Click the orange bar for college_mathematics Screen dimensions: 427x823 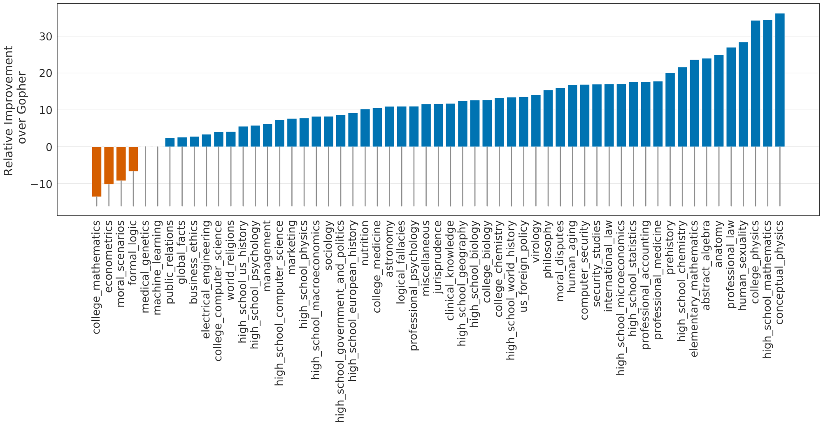[97, 172]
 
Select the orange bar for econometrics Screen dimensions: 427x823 [109, 165]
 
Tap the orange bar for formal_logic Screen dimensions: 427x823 [133, 159]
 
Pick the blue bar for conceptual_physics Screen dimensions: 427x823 [780, 80]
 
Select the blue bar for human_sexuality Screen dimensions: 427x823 [743, 95]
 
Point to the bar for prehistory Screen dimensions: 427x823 [670, 110]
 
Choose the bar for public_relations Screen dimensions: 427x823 [170, 142]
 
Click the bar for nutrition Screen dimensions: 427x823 [365, 128]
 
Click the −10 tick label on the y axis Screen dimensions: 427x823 [42, 184]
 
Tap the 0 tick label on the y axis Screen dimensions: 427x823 [49, 147]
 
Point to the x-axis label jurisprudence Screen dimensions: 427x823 [438, 257]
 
